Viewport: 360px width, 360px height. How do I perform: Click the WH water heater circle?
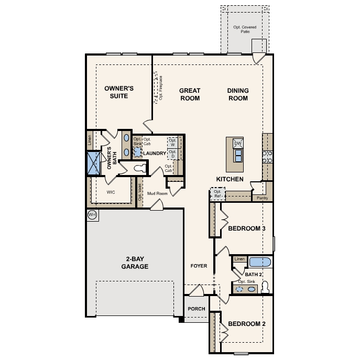coord(92,215)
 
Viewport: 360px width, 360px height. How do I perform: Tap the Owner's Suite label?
coord(119,92)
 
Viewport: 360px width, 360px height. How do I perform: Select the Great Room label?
coord(190,94)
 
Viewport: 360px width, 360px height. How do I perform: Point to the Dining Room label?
coord(238,94)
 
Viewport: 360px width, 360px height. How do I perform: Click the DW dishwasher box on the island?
coord(238,144)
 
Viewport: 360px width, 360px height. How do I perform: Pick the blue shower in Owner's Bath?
coord(94,163)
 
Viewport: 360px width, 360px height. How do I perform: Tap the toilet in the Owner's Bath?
coord(140,168)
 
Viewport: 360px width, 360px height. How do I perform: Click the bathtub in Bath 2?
coord(260,262)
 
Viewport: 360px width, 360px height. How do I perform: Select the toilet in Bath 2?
coord(265,287)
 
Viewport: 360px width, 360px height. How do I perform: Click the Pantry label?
coord(263,198)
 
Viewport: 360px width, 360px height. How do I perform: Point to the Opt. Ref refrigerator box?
coord(217,194)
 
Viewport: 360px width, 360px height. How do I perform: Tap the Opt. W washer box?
coord(172,143)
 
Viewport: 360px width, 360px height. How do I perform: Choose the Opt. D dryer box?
coord(172,154)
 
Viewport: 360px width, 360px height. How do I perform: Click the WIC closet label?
coord(111,192)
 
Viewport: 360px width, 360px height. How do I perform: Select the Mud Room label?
coord(157,193)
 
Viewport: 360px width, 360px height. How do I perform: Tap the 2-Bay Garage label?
coord(135,263)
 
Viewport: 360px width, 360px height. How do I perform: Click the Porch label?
coord(197,309)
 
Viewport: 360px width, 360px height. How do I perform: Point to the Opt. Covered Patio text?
coord(245,29)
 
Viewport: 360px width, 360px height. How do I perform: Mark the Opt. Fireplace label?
coord(161,88)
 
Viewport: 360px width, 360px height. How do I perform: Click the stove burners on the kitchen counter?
coord(267,157)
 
